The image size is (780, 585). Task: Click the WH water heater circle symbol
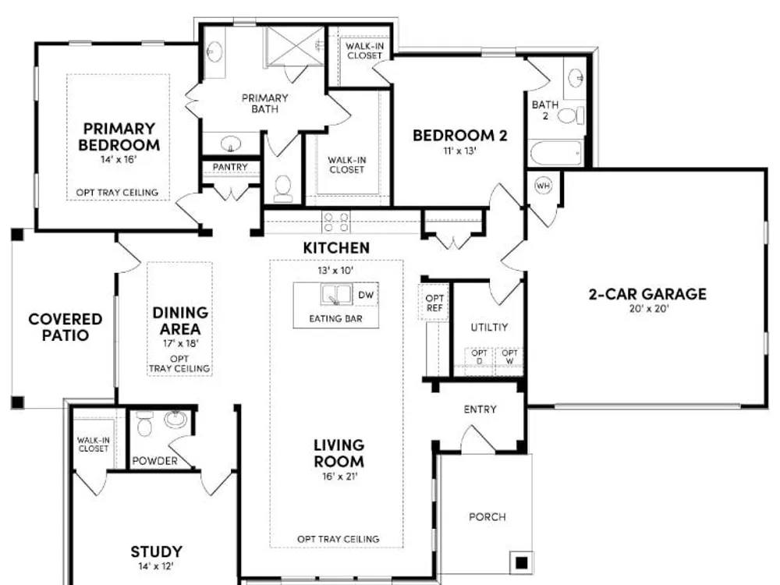click(x=543, y=186)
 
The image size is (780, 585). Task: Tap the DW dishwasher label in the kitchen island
click(x=366, y=295)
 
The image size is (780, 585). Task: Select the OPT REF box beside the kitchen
click(x=434, y=303)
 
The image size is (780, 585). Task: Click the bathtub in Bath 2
click(x=556, y=153)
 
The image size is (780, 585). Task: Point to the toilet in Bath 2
click(x=571, y=116)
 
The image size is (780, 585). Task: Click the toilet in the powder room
click(x=144, y=424)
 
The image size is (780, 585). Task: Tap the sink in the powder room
click(x=175, y=419)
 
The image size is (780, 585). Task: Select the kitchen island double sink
click(x=336, y=294)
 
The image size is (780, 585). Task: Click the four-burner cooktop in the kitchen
click(x=335, y=222)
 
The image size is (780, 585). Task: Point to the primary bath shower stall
click(x=296, y=46)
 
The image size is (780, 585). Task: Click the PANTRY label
click(x=230, y=167)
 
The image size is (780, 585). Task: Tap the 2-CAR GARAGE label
click(x=647, y=294)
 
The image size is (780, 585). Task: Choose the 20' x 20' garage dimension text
click(x=649, y=308)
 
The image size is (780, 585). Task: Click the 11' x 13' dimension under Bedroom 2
click(x=459, y=151)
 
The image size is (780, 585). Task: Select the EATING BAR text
click(x=335, y=318)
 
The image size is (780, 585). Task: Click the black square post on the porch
click(x=521, y=562)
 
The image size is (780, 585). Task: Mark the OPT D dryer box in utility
click(x=479, y=356)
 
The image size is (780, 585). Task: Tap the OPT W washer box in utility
click(x=509, y=356)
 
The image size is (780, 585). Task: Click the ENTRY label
click(x=480, y=409)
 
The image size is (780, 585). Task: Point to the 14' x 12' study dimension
click(x=156, y=566)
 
